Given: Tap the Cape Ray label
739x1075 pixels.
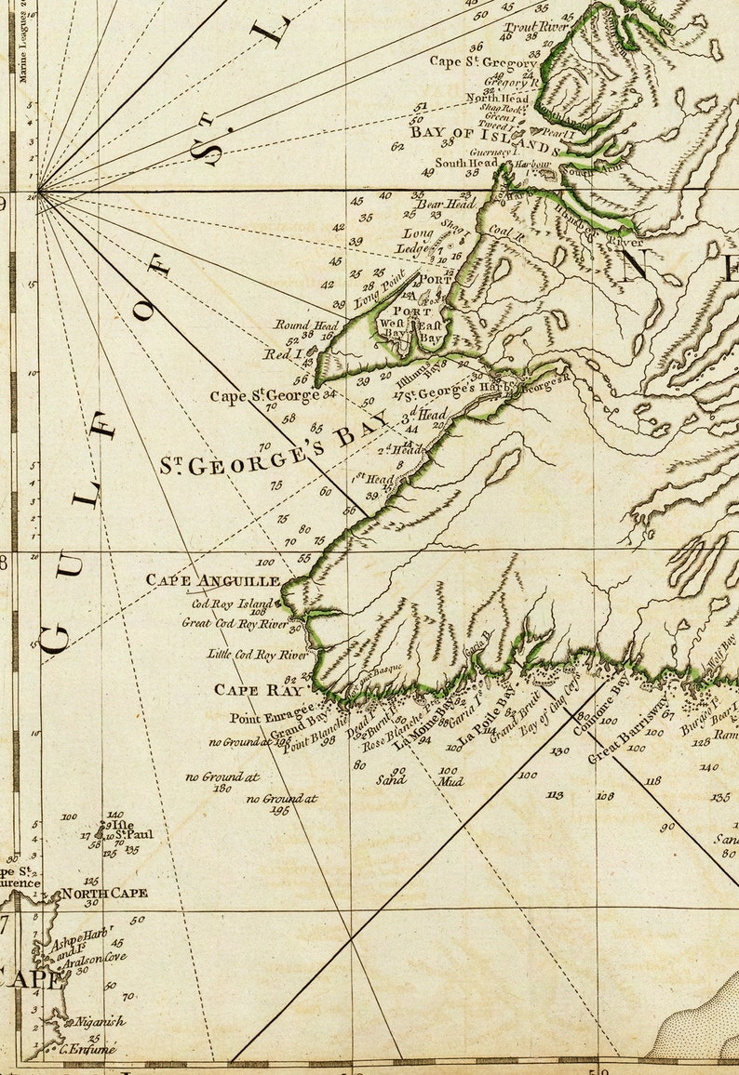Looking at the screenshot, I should (259, 690).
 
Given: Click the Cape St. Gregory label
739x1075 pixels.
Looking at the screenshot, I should (483, 62).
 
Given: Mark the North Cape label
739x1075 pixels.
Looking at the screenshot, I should (104, 894).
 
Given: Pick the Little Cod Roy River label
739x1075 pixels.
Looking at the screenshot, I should (256, 655).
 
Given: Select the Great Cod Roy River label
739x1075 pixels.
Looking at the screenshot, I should (235, 622).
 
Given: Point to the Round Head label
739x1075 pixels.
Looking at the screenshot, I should (305, 325).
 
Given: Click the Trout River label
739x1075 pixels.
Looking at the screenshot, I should (535, 27).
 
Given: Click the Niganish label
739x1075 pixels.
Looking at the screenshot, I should (100, 1021).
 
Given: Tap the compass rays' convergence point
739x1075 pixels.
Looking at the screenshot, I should (38, 193).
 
